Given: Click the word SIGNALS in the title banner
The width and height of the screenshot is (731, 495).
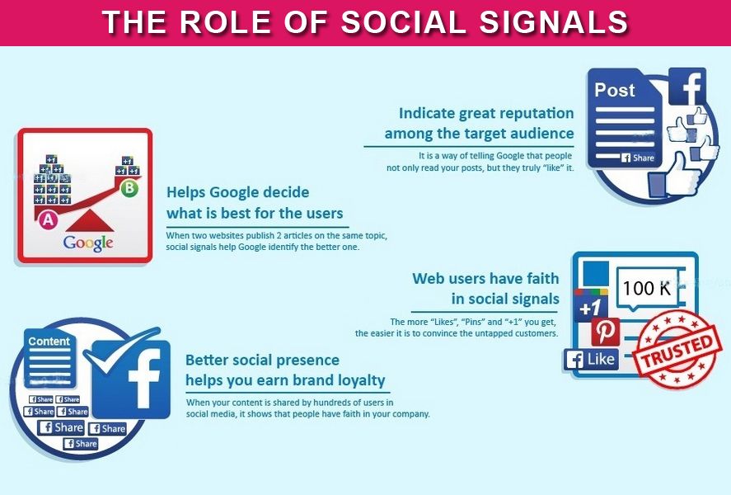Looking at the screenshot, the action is (x=554, y=22).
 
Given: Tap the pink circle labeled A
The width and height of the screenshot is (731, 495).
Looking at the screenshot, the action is (x=48, y=219).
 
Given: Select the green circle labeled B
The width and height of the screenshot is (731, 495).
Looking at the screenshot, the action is (x=129, y=188).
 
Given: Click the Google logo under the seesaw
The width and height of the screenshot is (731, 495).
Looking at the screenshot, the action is (x=88, y=243).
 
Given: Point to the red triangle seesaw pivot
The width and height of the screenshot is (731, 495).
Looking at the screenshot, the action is (x=89, y=222).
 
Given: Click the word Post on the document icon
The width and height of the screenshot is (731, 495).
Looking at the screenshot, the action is (x=615, y=90).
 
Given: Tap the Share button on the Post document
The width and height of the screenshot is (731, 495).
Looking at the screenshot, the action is (x=637, y=158).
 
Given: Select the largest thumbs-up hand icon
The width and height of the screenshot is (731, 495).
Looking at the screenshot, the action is (x=675, y=176).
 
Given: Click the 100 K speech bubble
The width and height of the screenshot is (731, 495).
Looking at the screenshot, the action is (x=647, y=289).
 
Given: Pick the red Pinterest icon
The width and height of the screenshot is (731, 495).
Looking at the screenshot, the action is (x=606, y=332).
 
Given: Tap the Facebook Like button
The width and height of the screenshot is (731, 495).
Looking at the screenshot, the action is (x=591, y=359).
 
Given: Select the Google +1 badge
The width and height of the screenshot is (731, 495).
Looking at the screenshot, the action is (x=591, y=306).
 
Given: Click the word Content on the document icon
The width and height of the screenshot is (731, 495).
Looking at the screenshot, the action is (x=49, y=342).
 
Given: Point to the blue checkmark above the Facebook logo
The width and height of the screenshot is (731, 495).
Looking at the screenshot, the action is (x=120, y=356).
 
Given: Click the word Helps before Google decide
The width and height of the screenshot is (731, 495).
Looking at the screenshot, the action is (x=186, y=193).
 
